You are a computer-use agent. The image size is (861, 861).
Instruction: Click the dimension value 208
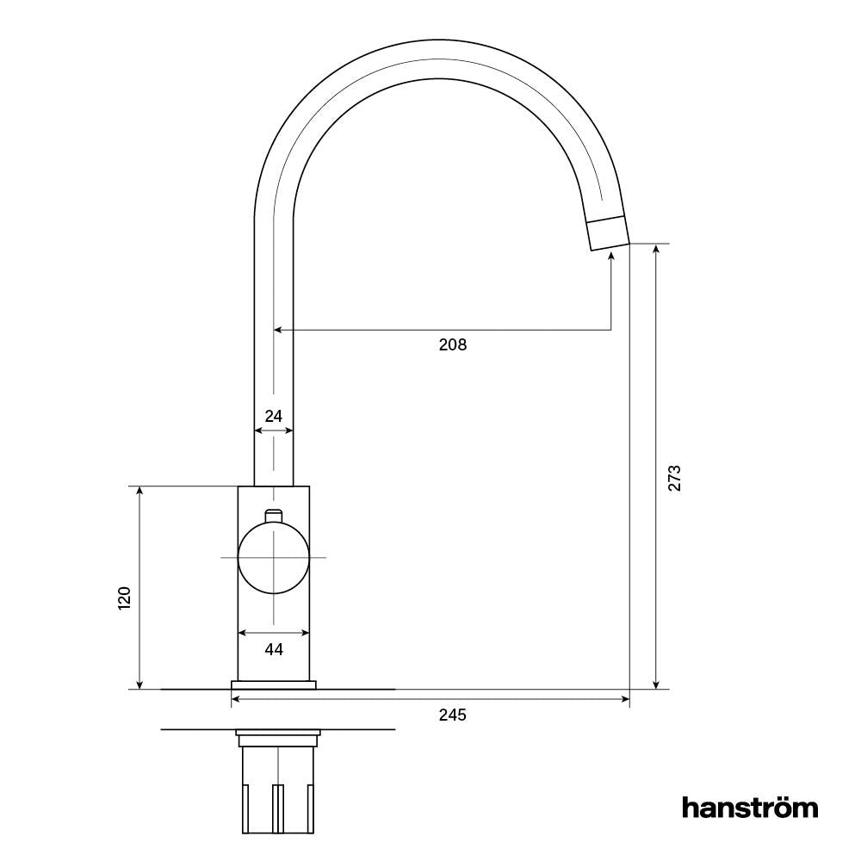(x=452, y=345)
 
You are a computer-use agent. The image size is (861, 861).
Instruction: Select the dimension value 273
(x=674, y=478)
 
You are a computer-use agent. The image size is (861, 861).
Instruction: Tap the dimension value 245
(x=452, y=715)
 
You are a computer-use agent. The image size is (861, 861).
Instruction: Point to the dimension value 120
(x=125, y=598)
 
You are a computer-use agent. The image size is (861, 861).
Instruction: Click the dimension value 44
(x=273, y=650)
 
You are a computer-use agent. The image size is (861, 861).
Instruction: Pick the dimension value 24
(x=273, y=416)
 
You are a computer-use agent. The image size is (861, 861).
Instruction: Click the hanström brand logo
(x=750, y=807)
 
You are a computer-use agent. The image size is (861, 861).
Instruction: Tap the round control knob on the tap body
(x=273, y=558)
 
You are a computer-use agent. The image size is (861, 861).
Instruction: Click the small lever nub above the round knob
(x=273, y=515)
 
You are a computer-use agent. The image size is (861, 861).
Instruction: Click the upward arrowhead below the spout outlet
(x=611, y=257)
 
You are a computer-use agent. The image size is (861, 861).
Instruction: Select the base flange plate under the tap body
(x=273, y=684)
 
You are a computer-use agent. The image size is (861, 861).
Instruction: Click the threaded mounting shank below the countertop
(x=277, y=788)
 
